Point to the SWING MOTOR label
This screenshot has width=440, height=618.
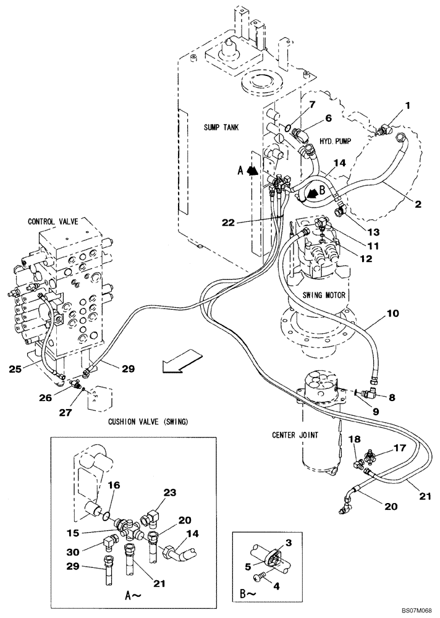pyautogui.click(x=324, y=295)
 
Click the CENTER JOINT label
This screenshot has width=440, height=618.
pyautogui.click(x=296, y=434)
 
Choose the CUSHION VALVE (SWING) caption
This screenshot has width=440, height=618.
pyautogui.click(x=148, y=421)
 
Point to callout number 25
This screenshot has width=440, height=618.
pyautogui.click(x=17, y=370)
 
